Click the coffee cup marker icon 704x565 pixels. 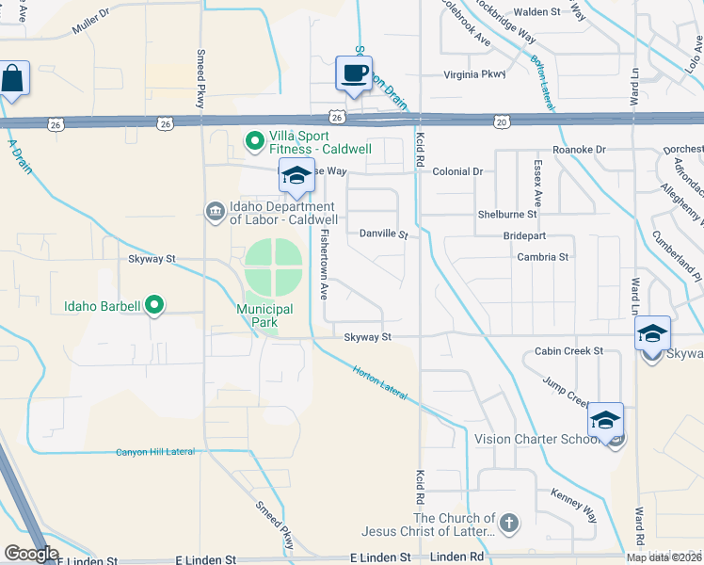[x=354, y=73]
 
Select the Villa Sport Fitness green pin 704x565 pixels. [x=253, y=142]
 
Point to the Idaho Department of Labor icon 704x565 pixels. [x=214, y=208]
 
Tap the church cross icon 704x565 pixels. [x=508, y=523]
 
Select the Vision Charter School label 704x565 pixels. [x=537, y=439]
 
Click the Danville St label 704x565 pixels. [x=383, y=233]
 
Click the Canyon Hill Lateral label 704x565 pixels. [x=155, y=452]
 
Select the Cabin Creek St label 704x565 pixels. [x=568, y=351]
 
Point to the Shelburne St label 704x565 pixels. [x=505, y=214]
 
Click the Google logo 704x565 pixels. [x=30, y=554]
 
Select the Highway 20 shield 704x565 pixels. [x=501, y=121]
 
